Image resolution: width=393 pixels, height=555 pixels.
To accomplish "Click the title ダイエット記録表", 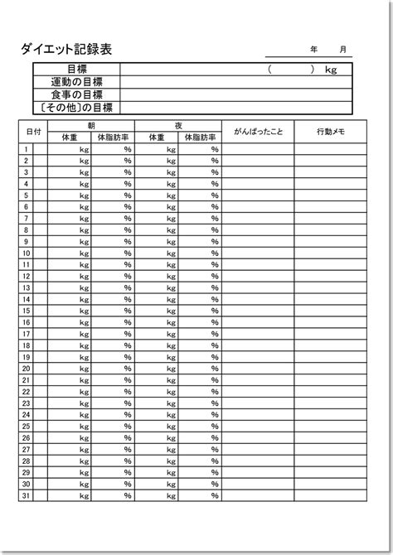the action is tap(66, 49).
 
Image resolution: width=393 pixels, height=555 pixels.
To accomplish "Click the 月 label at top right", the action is tap(342, 50).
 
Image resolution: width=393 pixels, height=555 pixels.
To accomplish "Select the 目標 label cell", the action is tap(76, 70).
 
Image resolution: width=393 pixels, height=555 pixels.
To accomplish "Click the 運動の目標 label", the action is tap(76, 82).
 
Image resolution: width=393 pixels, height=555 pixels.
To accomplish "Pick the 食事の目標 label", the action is tap(76, 94).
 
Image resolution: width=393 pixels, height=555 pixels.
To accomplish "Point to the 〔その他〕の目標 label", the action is tap(76, 107).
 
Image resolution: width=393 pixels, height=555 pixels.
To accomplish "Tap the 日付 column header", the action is tap(34, 132).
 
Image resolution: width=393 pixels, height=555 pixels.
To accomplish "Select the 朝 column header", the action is tap(91, 126).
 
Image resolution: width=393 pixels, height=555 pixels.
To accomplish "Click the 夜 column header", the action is tap(178, 126).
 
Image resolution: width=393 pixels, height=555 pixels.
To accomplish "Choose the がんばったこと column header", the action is tap(257, 132).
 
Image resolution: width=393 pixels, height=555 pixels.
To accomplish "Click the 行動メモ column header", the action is tap(331, 132).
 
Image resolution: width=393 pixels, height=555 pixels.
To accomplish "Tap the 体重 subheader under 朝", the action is tap(70, 138).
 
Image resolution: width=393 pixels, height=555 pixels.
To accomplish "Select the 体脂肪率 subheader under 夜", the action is tap(200, 138).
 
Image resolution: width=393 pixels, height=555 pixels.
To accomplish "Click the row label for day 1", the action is tap(27, 149).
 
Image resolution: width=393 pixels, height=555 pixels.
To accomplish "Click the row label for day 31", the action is tap(27, 495).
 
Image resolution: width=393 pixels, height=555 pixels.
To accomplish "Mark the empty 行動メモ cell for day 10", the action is tap(331, 253).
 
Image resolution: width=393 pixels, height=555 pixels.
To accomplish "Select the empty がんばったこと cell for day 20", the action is tap(257, 369).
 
